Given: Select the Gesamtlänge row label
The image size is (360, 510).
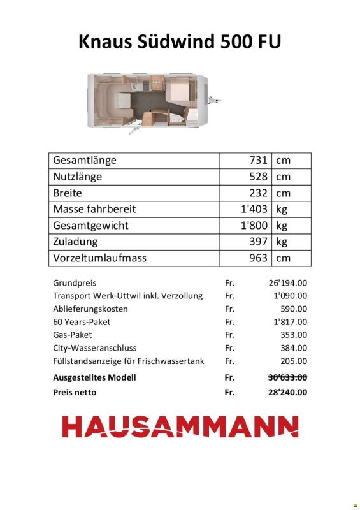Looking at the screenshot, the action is [x=85, y=160].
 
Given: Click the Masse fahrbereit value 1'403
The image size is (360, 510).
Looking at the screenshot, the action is [x=254, y=209].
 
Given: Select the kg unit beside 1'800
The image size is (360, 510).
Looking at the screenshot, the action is [x=282, y=226].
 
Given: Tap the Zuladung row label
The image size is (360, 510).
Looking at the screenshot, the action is [x=75, y=242].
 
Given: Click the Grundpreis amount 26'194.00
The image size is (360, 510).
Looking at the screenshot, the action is [x=289, y=282].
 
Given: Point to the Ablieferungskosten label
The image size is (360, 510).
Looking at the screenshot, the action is [x=90, y=309].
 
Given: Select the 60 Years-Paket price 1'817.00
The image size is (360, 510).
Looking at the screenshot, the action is [x=291, y=322].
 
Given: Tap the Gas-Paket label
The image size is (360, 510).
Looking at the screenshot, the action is [x=73, y=335].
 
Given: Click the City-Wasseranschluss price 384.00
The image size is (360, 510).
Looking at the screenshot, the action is [x=294, y=348].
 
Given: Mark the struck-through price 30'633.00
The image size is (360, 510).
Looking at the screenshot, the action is [x=288, y=377].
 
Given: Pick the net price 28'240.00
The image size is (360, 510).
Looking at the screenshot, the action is [x=288, y=393].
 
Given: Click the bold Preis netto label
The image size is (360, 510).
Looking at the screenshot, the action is [x=75, y=393].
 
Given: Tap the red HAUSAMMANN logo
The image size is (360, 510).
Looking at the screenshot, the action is [x=180, y=426].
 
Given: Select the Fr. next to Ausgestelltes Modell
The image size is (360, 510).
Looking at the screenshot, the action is [x=230, y=377].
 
